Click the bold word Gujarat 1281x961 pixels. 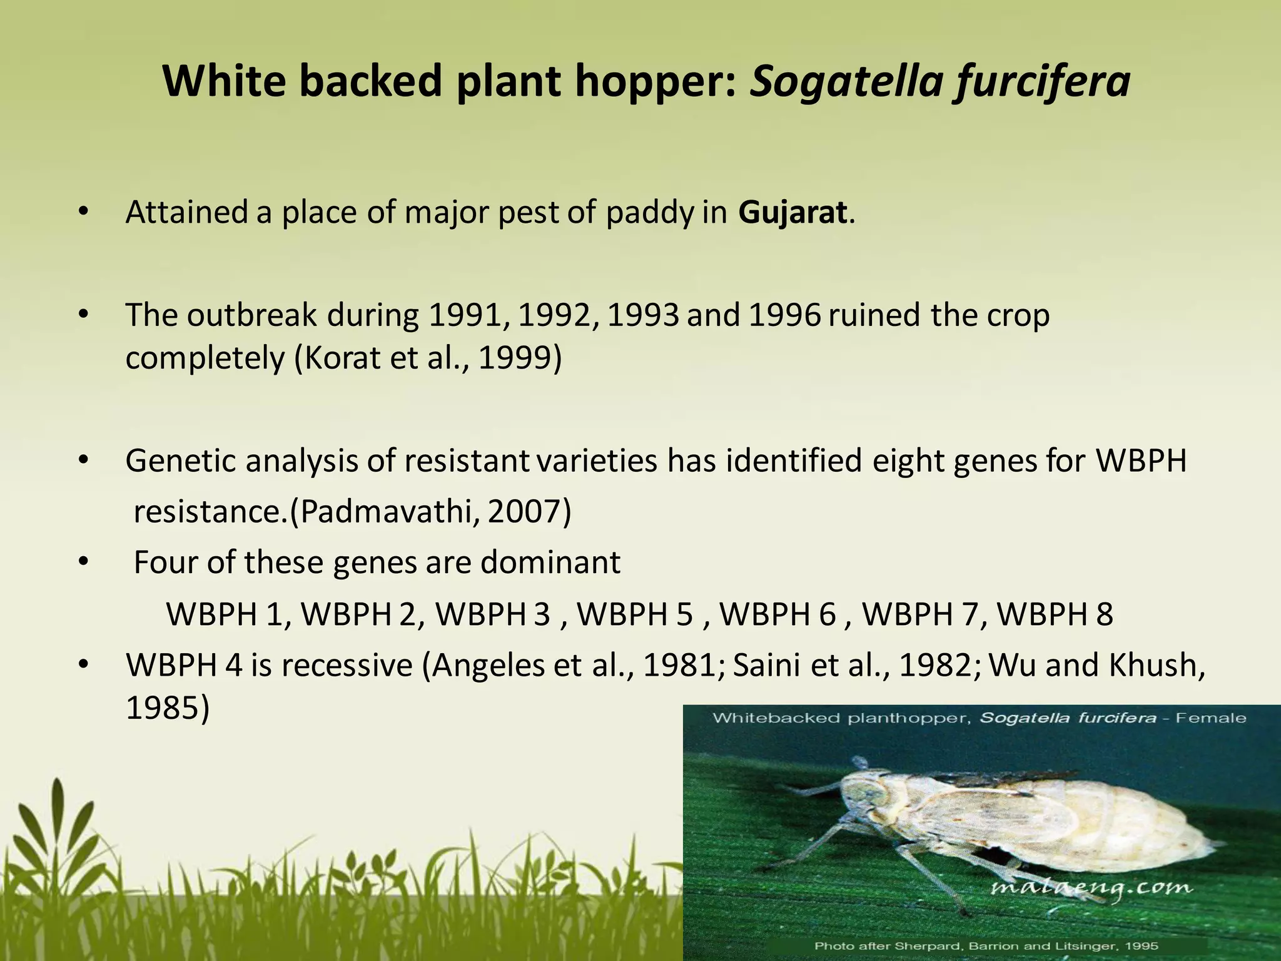(x=792, y=213)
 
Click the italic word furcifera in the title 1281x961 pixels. (x=1042, y=81)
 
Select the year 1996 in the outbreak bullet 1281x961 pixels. (x=784, y=315)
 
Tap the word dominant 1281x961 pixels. (x=550, y=562)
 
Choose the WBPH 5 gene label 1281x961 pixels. (x=634, y=614)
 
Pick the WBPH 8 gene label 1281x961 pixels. (x=1055, y=614)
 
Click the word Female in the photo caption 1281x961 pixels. (x=1210, y=718)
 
